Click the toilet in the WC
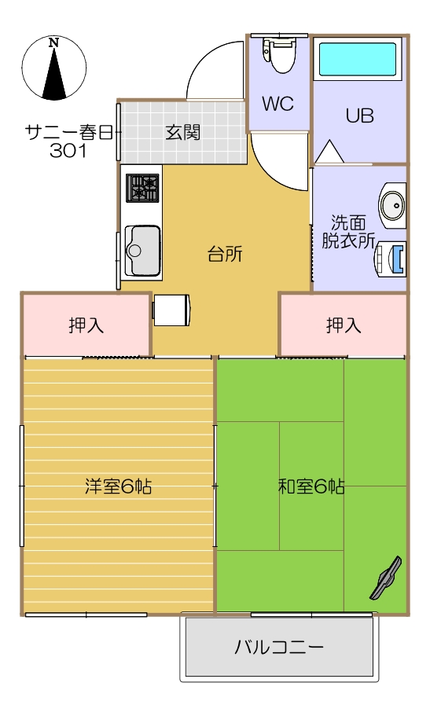coord(278,55)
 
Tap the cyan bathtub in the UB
coord(358,60)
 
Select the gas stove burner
coord(142,188)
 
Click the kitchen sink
coord(142,250)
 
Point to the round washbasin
coord(392,205)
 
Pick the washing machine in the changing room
coord(390,259)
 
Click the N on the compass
coord(54,43)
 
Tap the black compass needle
coord(54,74)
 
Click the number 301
coord(68,150)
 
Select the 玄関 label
coord(182,132)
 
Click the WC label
coord(277,104)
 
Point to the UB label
coord(359,116)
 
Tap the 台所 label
coord(225,254)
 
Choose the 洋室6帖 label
coord(118,486)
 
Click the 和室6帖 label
coord(311,486)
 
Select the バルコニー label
coord(279,647)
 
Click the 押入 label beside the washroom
coord(344,325)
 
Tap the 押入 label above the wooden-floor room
coord(86,325)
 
